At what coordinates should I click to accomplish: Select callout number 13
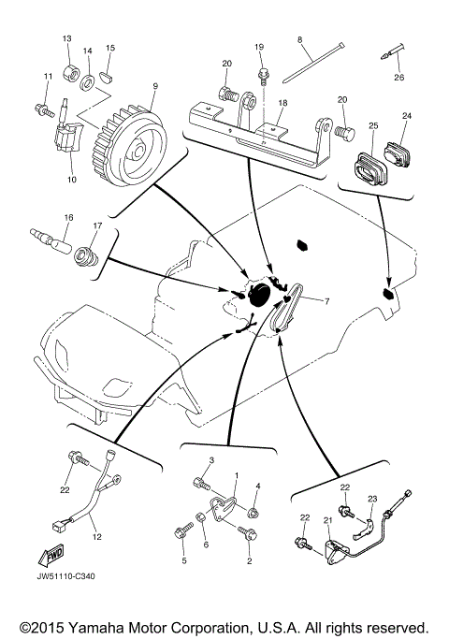coord(66,38)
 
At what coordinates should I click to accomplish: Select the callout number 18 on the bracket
coord(282,103)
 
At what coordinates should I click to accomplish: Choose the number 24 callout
coord(407,117)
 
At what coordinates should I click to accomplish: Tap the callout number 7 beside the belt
coord(327,301)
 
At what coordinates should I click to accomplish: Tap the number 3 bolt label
coord(211,460)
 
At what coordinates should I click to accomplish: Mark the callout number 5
coord(184,561)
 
